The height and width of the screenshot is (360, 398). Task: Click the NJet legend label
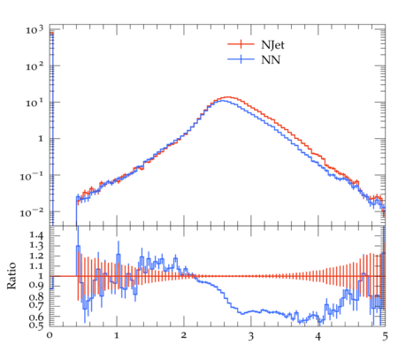(x=272, y=45)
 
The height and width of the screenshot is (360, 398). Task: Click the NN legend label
(x=271, y=60)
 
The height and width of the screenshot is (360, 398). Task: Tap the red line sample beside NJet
(x=241, y=44)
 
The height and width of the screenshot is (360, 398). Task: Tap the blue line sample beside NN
(x=241, y=59)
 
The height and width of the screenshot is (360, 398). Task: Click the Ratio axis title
(x=11, y=276)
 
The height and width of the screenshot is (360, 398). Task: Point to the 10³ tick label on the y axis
(x=34, y=29)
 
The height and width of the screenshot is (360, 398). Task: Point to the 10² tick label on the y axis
(x=34, y=66)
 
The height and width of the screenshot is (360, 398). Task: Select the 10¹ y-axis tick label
(x=34, y=103)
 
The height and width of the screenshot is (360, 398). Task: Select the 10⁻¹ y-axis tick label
(x=31, y=176)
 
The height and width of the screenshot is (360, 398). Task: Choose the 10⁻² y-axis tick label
(x=31, y=212)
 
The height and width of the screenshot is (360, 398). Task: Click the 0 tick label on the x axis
(x=50, y=335)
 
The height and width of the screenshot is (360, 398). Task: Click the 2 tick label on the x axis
(x=184, y=335)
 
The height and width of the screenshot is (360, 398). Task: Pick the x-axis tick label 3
(x=251, y=336)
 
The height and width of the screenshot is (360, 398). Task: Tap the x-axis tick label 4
(x=318, y=336)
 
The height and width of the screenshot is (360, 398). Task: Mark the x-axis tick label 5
(x=385, y=336)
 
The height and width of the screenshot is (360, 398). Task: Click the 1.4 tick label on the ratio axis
(x=36, y=235)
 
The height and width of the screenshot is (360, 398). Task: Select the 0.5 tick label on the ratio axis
(x=36, y=326)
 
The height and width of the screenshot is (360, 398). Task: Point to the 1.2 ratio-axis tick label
(x=36, y=256)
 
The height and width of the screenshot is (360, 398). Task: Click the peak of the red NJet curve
(x=227, y=97)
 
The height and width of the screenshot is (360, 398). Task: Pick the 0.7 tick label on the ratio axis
(x=36, y=305)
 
